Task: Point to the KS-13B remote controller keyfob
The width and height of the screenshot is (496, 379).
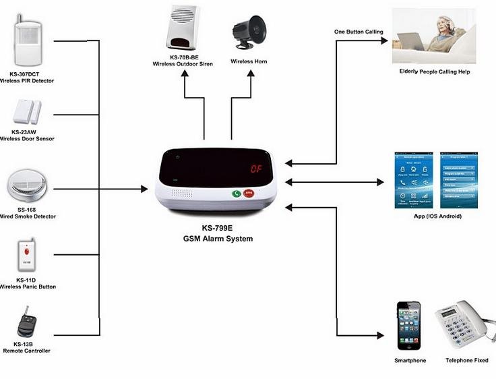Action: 26,324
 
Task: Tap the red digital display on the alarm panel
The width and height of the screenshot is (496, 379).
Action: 257,169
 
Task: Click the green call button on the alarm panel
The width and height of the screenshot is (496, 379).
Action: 237,194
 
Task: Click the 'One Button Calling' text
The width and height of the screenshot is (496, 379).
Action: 359,32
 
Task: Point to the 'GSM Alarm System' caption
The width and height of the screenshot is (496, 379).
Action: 218,239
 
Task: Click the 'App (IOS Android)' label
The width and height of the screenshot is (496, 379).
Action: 437,216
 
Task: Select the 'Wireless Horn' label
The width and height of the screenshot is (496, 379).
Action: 249,61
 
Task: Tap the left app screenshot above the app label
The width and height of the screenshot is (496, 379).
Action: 413,181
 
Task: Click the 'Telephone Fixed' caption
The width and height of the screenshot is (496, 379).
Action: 467,361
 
